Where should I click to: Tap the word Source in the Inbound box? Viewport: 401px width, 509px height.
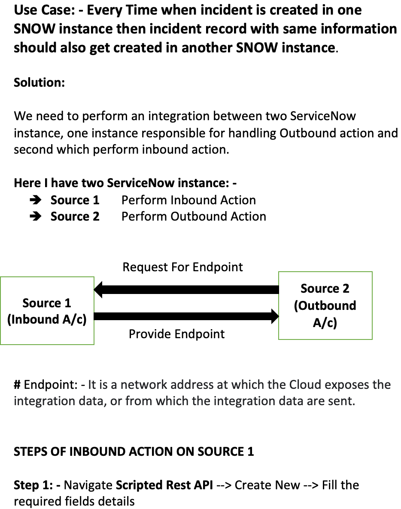point(41,303)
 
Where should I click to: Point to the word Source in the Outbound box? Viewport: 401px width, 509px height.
point(319,288)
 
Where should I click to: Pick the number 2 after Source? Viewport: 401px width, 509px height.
point(346,288)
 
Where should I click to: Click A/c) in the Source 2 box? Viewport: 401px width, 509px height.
point(325,322)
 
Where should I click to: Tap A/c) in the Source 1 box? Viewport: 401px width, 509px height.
point(75,320)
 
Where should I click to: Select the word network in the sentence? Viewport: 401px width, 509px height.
point(143,385)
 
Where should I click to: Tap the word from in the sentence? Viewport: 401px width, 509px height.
point(139,401)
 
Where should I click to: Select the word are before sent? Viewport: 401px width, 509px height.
point(321,401)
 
